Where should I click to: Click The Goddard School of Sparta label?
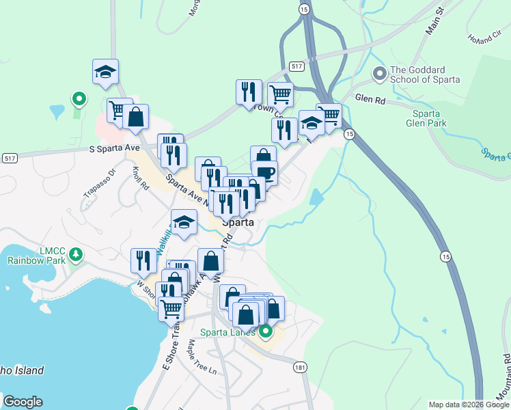coord(424,74)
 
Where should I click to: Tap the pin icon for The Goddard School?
coord(379,72)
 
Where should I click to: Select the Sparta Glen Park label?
coord(430,118)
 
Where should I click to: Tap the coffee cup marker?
coord(264,173)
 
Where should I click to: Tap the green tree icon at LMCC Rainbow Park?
coord(76,255)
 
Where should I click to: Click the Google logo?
coord(22,402)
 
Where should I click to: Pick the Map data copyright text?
coord(469,405)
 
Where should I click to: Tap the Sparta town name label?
coord(238,222)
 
